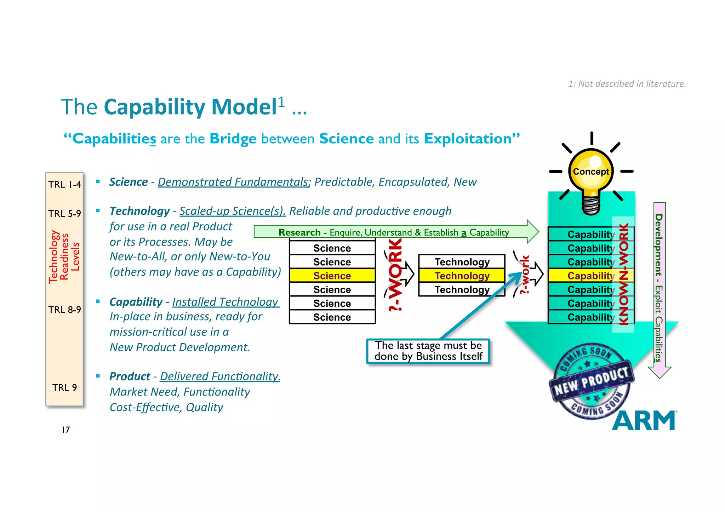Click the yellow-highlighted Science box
pos(332,276)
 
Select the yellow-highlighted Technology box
pos(462,276)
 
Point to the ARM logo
pos(644,421)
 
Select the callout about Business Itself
pos(428,351)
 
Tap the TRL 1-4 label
pos(64,184)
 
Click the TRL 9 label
pos(64,387)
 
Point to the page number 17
pos(66,430)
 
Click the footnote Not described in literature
pos(627,84)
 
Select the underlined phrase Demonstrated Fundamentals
pos(234,182)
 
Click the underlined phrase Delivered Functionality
pos(220,376)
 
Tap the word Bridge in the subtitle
pos(233,139)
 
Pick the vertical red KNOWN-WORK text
pos(623,274)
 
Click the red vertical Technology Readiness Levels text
pos(64,257)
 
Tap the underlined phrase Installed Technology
pos(226,302)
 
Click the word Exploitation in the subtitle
pos(468,139)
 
